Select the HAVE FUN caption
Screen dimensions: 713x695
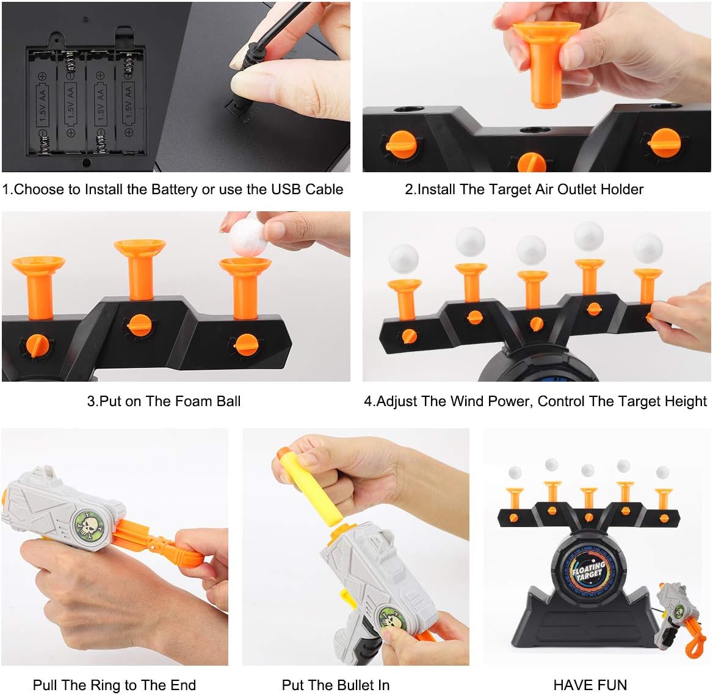point(590,685)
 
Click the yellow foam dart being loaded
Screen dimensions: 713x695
point(311,484)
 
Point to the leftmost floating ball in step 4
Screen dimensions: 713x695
point(404,259)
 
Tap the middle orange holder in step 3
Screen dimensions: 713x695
point(140,270)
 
